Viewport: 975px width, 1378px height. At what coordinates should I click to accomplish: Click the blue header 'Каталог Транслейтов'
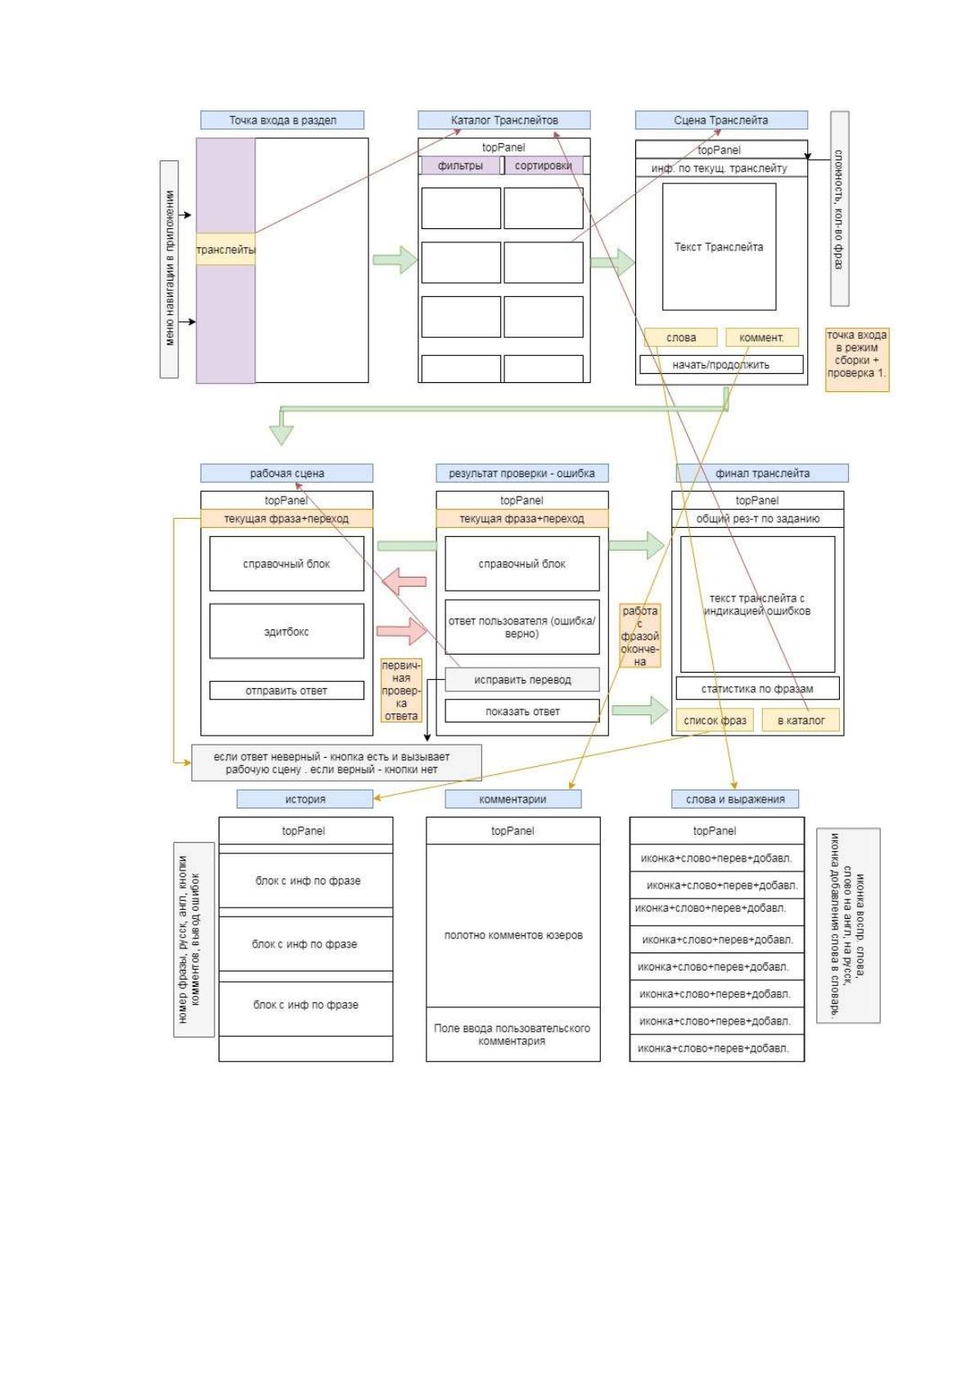click(x=503, y=120)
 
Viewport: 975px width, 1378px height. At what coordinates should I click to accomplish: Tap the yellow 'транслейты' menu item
click(x=225, y=249)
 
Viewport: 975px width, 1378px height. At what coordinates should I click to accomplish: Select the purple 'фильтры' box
click(x=460, y=165)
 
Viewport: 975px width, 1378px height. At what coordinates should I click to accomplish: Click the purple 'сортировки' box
click(x=544, y=165)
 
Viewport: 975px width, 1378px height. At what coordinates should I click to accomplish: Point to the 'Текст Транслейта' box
click(x=719, y=246)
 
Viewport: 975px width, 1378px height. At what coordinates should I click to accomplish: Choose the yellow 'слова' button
click(x=681, y=337)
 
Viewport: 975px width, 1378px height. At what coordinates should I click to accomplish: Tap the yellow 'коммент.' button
click(x=762, y=337)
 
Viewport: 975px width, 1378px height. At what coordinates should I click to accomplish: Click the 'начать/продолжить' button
click(x=721, y=364)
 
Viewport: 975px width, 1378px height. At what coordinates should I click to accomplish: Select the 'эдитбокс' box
click(x=287, y=631)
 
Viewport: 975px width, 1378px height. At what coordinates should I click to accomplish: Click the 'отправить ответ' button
click(x=287, y=691)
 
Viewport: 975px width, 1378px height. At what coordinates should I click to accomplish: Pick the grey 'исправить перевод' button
click(x=522, y=679)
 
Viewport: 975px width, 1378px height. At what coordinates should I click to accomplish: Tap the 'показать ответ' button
click(x=522, y=710)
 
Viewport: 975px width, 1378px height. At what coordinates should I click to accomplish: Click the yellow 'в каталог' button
click(x=801, y=720)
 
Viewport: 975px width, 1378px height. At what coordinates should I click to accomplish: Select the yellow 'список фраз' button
click(x=715, y=720)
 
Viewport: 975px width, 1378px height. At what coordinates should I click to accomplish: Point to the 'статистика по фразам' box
click(x=758, y=688)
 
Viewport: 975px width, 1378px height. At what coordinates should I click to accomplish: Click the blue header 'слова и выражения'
click(x=735, y=799)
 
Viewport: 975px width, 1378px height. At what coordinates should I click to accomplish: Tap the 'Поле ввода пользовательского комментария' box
click(x=512, y=1034)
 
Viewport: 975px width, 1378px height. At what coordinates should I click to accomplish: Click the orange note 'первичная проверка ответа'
click(x=401, y=691)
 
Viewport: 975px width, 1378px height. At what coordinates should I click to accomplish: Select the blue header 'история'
click(x=305, y=799)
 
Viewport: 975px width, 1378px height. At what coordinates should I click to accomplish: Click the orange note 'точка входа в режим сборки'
click(x=857, y=360)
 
